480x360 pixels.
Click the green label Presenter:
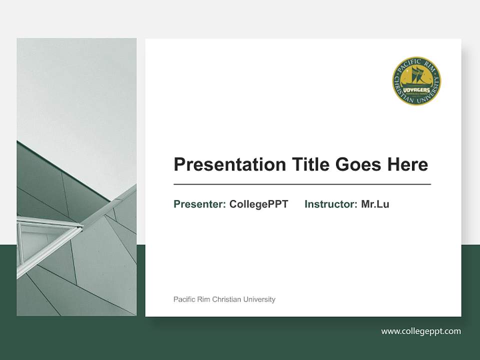coord(199,204)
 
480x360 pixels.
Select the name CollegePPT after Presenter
coord(258,204)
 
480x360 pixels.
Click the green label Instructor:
coord(330,204)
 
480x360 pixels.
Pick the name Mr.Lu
coord(375,204)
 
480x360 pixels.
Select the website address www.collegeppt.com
coord(421,331)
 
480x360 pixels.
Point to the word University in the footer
coord(258,299)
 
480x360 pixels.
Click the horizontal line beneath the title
coord(302,184)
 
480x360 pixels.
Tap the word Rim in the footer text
coord(203,299)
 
